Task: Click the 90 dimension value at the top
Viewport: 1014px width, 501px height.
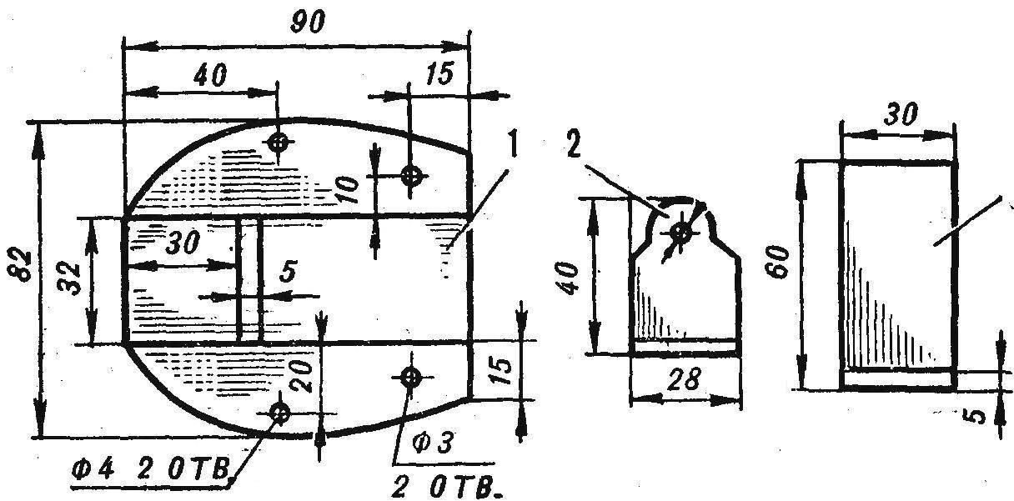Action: click(308, 23)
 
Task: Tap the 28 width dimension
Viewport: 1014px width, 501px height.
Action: click(685, 379)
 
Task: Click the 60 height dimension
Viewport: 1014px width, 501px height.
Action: click(777, 261)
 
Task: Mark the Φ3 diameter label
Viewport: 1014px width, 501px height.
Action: click(432, 443)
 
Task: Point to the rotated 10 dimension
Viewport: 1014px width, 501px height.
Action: click(348, 189)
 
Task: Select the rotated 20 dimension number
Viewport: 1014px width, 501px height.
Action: click(303, 375)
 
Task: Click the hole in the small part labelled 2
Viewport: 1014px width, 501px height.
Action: click(680, 233)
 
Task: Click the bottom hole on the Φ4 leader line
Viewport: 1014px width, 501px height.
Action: click(279, 413)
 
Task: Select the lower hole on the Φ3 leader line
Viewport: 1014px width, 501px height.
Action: click(411, 377)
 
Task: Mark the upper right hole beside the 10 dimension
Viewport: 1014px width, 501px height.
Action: click(410, 176)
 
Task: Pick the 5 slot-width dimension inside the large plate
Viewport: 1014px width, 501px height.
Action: click(288, 272)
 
